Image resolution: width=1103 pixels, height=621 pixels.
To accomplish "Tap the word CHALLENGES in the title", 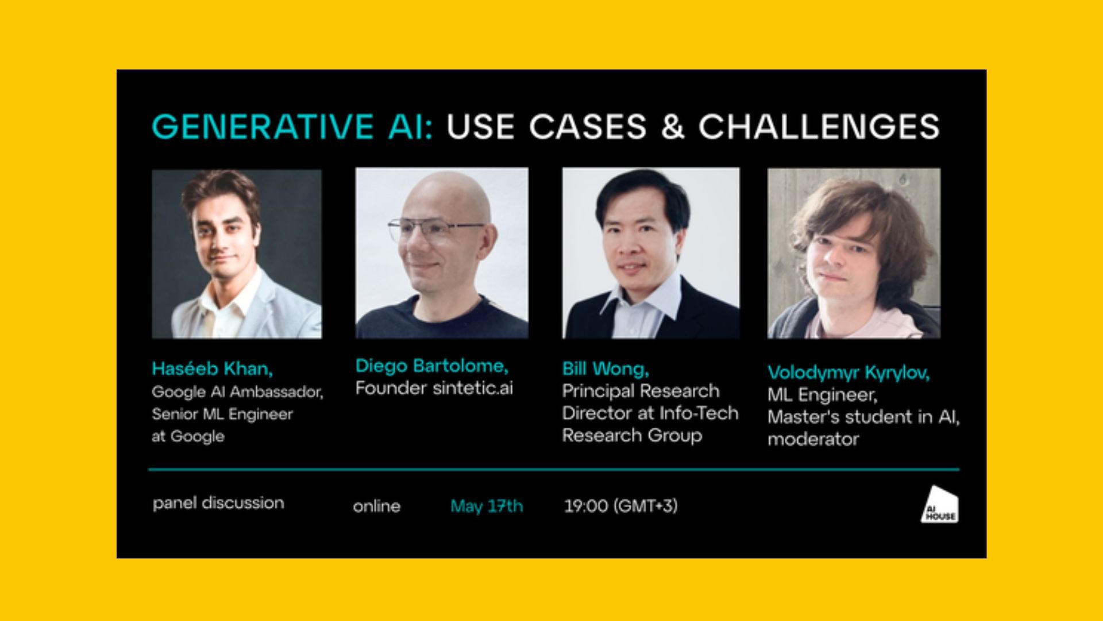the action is click(x=819, y=126).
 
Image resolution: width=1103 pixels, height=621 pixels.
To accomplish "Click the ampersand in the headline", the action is click(x=673, y=126).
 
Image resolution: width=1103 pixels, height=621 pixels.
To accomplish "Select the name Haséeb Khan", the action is click(x=212, y=369).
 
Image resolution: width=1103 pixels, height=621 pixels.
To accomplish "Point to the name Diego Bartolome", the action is click(x=431, y=366).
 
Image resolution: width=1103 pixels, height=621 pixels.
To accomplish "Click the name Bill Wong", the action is click(x=606, y=369).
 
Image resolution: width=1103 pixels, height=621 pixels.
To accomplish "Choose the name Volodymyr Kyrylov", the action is click(x=849, y=373).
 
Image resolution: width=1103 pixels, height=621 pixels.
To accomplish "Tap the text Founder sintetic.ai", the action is click(x=434, y=388).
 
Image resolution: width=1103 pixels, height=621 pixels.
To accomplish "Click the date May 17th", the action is click(x=487, y=506).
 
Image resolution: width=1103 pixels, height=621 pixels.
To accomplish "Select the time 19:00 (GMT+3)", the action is click(x=620, y=506).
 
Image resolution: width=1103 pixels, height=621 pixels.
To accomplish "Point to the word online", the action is click(x=377, y=507).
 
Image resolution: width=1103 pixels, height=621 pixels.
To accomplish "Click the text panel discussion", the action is click(x=218, y=503).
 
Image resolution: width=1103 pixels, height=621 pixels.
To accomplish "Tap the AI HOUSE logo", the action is click(x=940, y=504).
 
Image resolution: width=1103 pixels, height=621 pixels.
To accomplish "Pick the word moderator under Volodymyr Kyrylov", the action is click(x=813, y=439).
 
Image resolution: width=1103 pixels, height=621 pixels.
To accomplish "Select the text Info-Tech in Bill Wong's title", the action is click(x=699, y=413).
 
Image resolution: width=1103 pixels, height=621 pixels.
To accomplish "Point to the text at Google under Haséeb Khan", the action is click(x=188, y=436).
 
